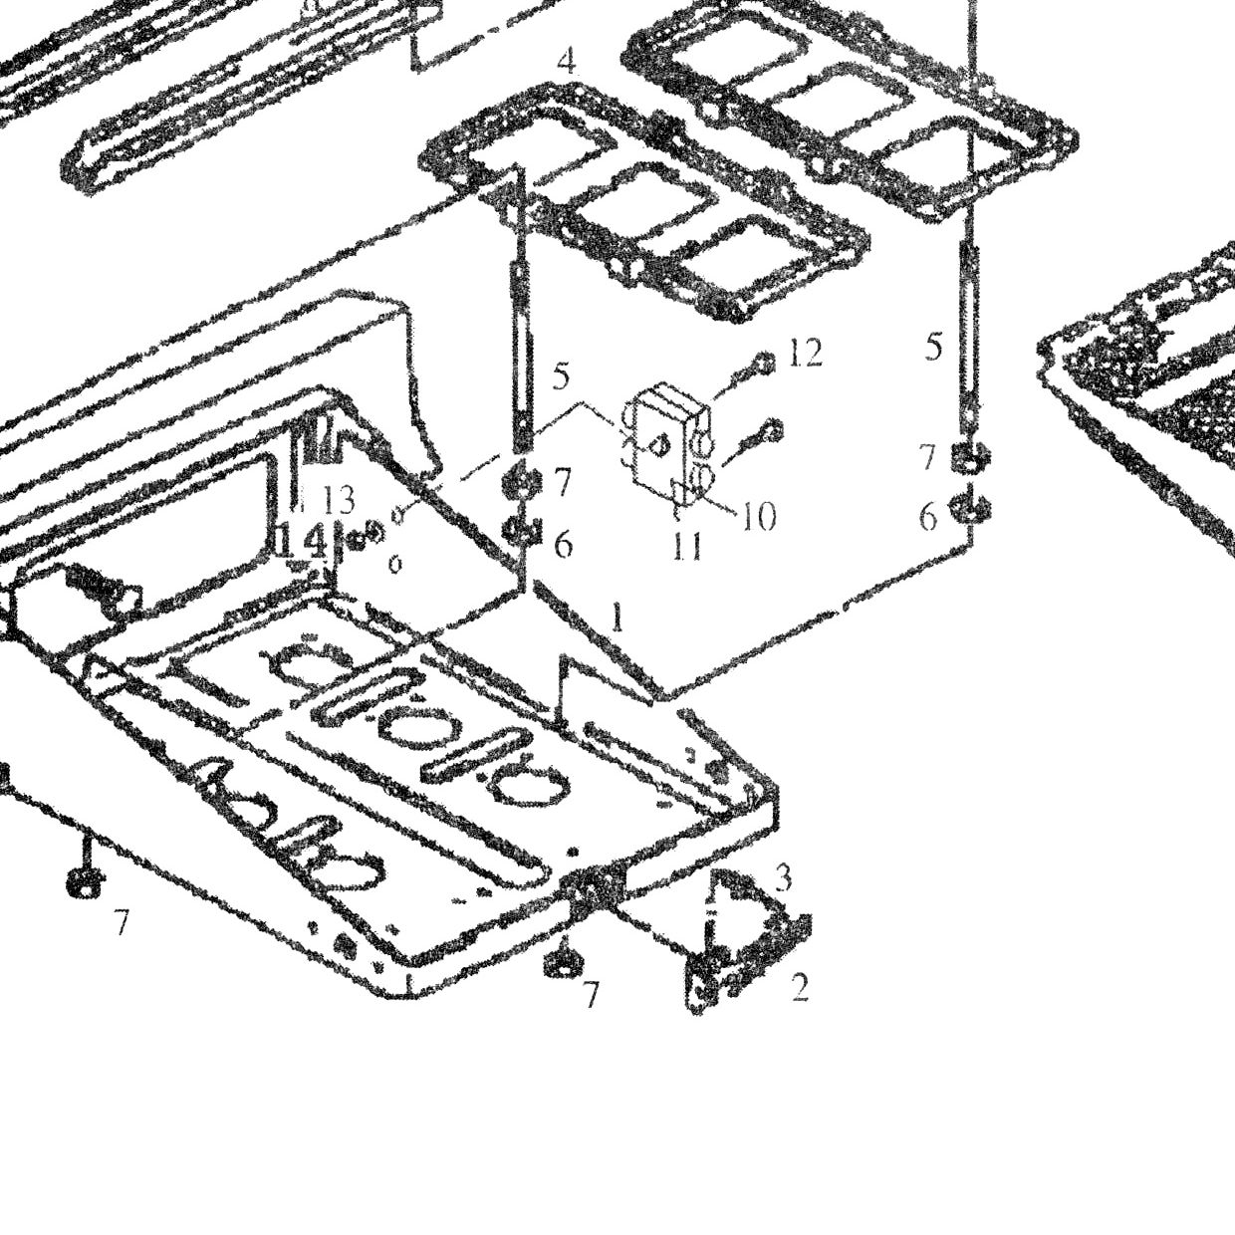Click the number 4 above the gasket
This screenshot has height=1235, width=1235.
pos(567,62)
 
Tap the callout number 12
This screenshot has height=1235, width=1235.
pos(805,354)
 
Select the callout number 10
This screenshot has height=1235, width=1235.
pos(759,515)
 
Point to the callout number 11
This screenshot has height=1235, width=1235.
pos(687,548)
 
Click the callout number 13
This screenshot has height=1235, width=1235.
pos(339,501)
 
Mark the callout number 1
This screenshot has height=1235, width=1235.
pos(617,617)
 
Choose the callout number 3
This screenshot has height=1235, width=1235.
pos(783,878)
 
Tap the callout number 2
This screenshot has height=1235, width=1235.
pos(800,988)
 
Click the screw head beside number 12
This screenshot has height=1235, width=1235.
pos(764,364)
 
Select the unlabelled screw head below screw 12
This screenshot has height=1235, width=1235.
pos(774,430)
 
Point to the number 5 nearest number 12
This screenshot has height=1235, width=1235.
pos(560,376)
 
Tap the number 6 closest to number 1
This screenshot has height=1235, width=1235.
pos(563,544)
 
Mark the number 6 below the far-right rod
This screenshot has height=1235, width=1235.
pos(928,517)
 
